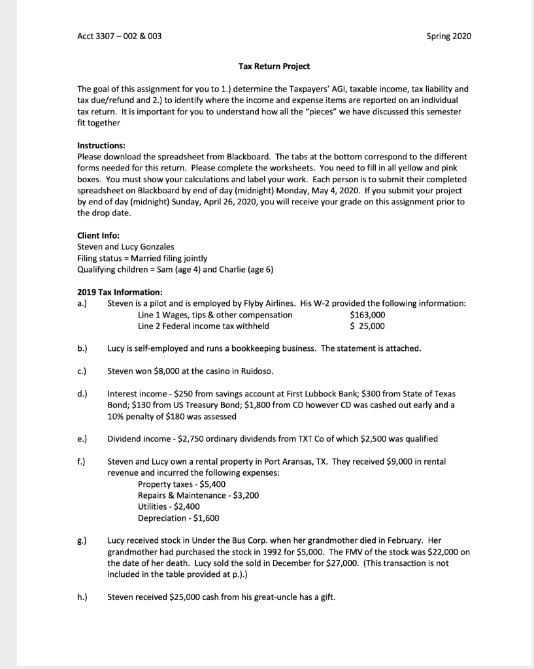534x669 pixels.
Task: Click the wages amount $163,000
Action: click(x=367, y=315)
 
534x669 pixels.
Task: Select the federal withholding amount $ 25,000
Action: click(x=367, y=326)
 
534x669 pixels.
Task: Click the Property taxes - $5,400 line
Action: click(x=180, y=484)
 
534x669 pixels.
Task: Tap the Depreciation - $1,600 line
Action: click(x=178, y=518)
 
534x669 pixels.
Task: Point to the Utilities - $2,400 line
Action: click(x=169, y=506)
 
